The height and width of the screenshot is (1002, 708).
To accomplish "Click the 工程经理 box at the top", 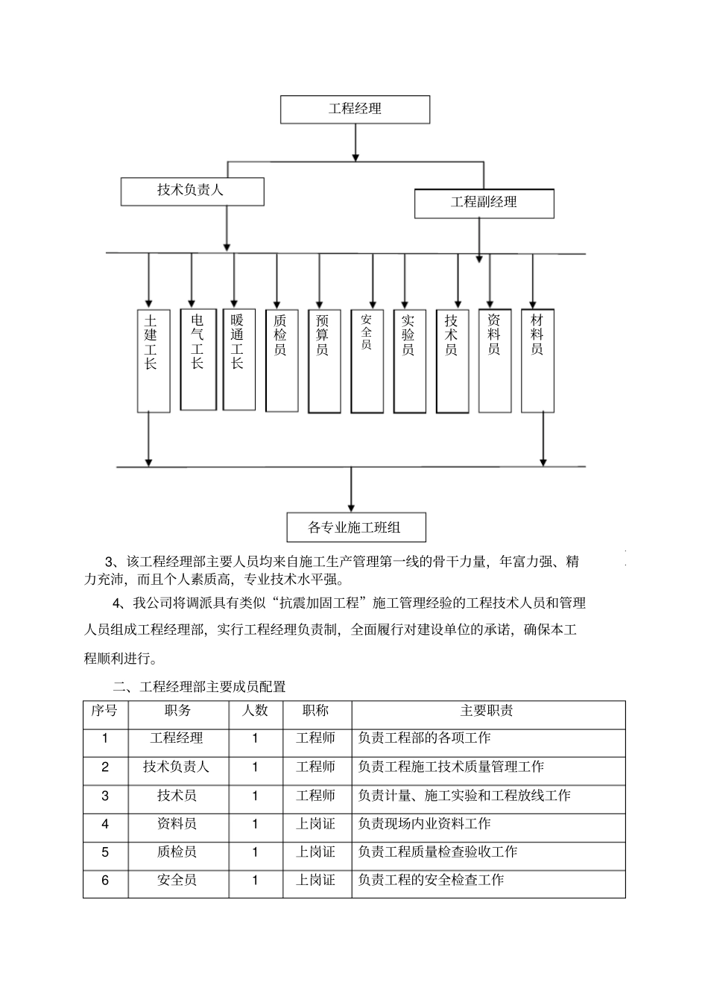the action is pos(355,109).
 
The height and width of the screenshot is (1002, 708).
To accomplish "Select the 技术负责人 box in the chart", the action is pos(192,191).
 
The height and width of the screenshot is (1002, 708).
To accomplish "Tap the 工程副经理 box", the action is pos(484,203).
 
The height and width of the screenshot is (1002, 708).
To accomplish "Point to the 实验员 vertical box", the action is pos(409,361).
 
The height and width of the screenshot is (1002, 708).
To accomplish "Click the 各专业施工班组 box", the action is pos(355,527).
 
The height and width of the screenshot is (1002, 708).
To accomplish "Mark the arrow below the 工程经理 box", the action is pos(355,142).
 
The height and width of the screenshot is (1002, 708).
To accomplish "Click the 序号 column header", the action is pos(105,711).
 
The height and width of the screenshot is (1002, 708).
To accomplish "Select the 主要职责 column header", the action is pos(487,711).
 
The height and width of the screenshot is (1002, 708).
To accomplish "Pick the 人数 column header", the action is pos(255,711).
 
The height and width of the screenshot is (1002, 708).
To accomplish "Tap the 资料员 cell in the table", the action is pos(177,824).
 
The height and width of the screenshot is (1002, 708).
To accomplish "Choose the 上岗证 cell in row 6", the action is pos(316,881).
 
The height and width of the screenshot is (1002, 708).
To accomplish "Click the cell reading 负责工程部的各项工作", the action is pos(425,738).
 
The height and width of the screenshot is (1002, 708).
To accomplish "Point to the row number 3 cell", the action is pos(105,796).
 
